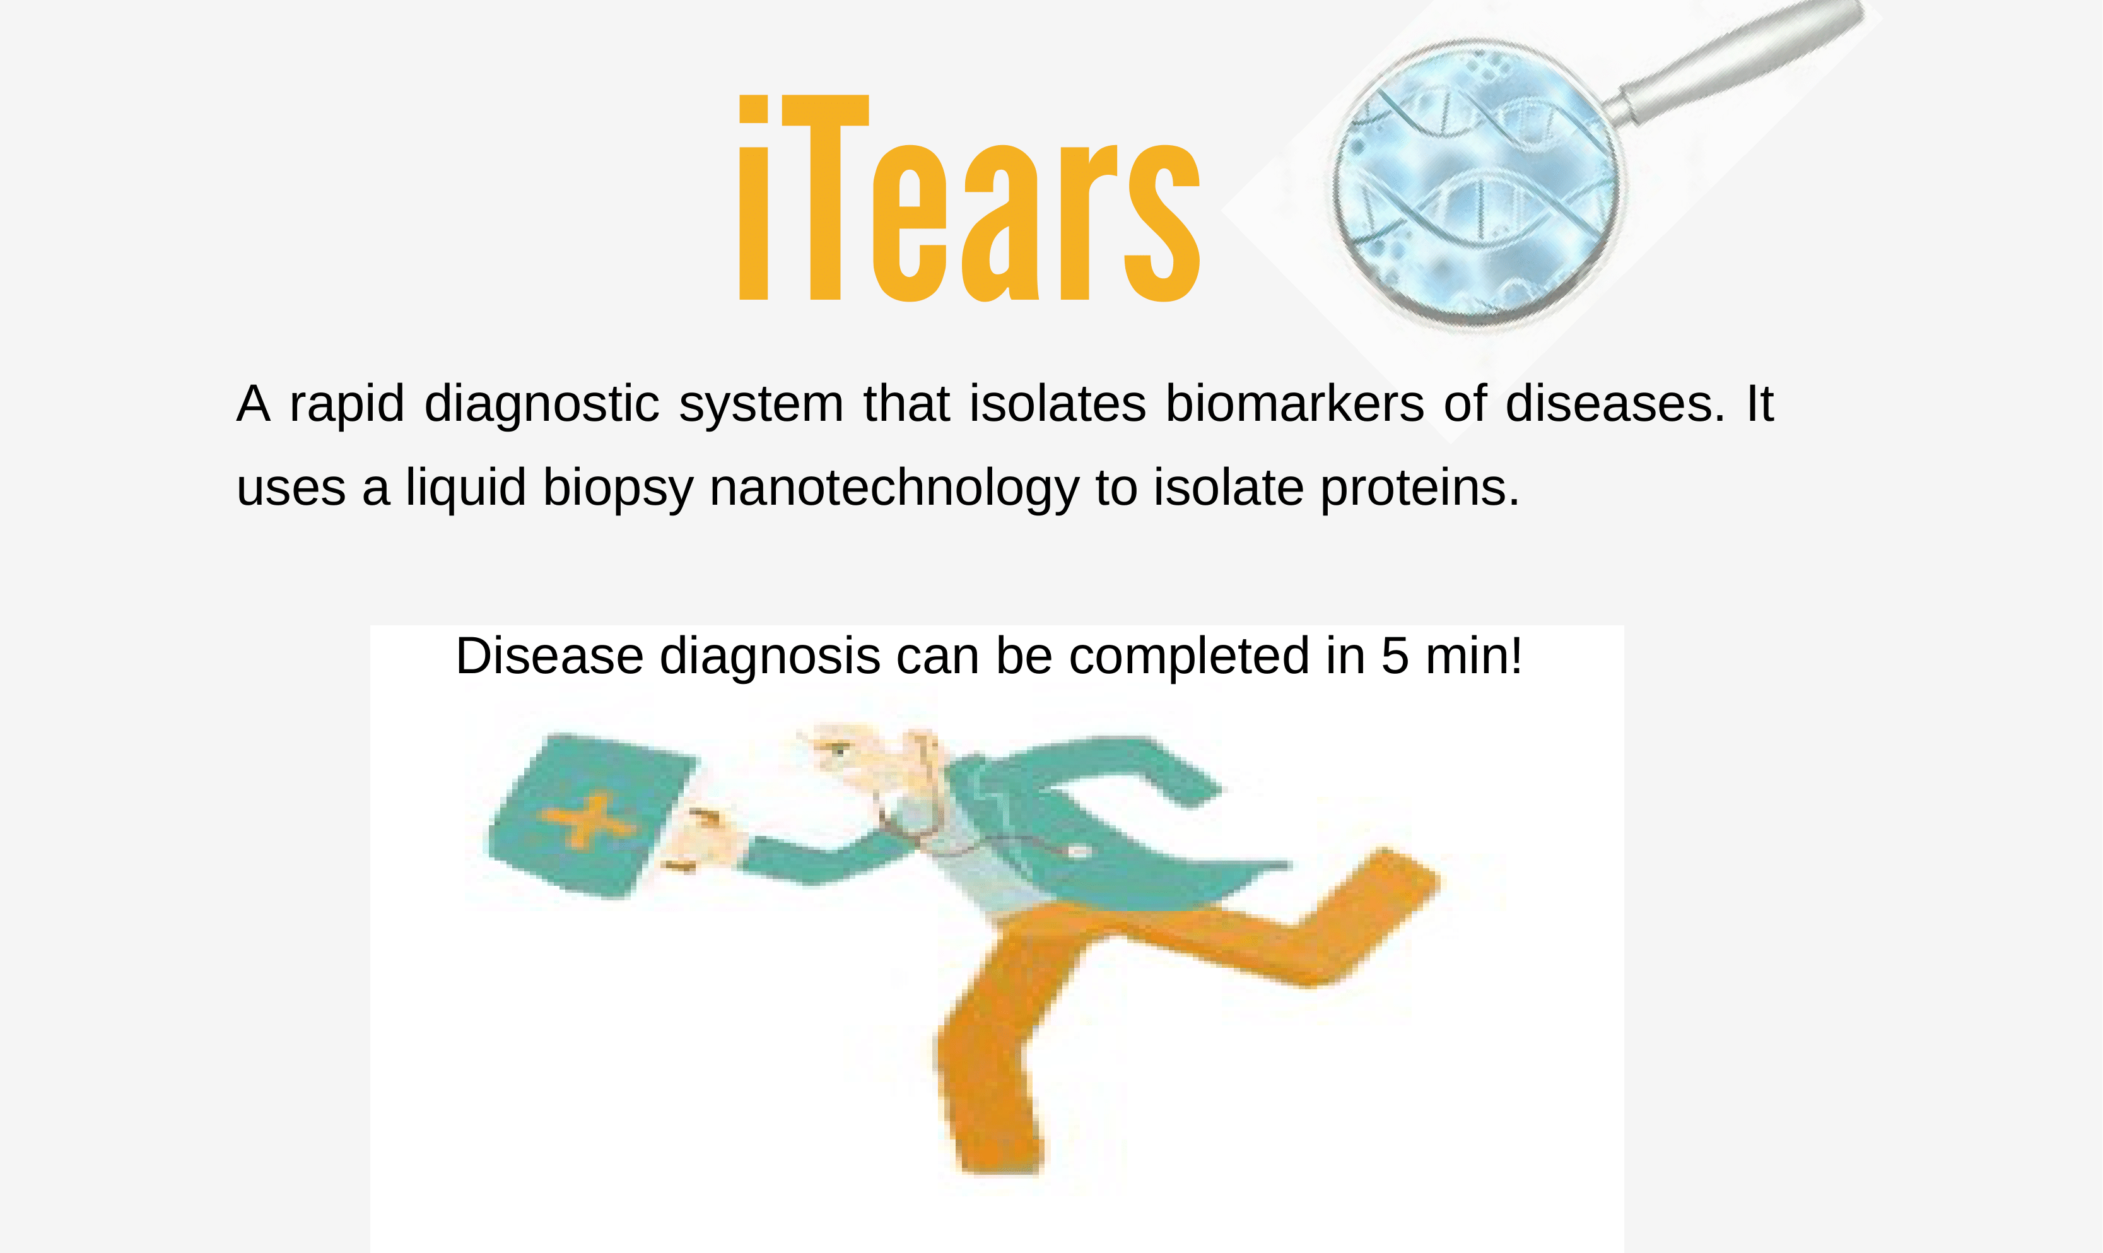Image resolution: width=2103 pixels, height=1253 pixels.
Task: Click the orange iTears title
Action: point(969,197)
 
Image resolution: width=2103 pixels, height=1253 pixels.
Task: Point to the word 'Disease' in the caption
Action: point(549,656)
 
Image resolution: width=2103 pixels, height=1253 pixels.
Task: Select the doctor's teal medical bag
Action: point(592,815)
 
